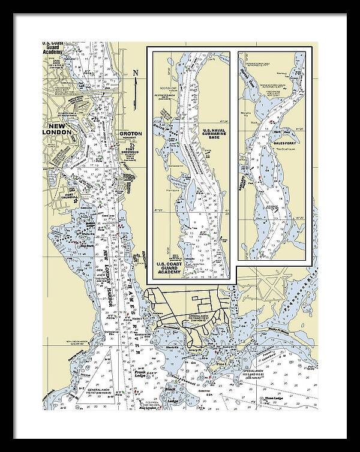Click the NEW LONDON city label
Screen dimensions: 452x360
[x=59, y=129]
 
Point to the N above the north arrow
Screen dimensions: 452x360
[x=136, y=73]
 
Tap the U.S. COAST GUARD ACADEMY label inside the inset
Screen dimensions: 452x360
[x=169, y=267]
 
